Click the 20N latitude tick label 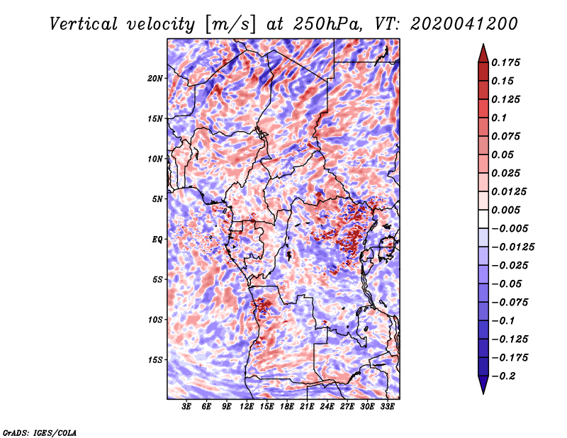[155, 79]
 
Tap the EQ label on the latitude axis [157, 240]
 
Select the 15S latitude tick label [155, 360]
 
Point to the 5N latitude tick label [157, 199]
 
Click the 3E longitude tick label [186, 407]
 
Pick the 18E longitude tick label [287, 407]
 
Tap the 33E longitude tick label [387, 407]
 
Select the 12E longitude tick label [247, 407]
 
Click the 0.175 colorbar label [505, 62]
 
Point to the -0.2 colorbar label [503, 376]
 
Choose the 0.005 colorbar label [505, 210]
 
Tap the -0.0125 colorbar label [512, 247]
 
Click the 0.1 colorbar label [499, 118]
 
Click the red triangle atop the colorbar [483, 54]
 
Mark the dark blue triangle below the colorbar [483, 385]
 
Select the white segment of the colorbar [483, 219]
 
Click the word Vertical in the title [84, 24]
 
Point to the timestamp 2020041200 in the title [464, 24]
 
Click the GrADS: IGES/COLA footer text [40, 433]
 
